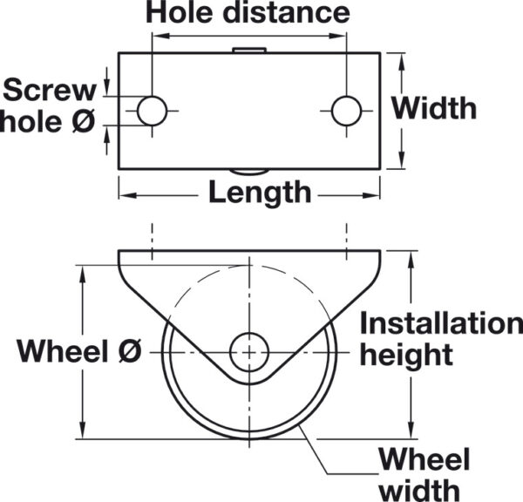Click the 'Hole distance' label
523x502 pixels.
(x=248, y=13)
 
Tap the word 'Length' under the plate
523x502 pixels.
(x=260, y=193)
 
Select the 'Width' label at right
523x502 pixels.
(x=434, y=108)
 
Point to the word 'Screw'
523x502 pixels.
(x=50, y=90)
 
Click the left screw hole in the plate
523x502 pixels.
(x=152, y=111)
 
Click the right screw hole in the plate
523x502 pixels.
(x=347, y=111)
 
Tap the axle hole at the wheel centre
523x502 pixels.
(x=249, y=352)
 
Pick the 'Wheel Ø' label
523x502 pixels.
(x=79, y=350)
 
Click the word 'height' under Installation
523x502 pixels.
(x=406, y=355)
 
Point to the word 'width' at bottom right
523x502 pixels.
(x=420, y=490)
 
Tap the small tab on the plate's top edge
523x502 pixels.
(x=249, y=50)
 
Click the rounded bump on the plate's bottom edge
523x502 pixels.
(x=249, y=172)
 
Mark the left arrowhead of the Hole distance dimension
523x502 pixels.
(x=160, y=36)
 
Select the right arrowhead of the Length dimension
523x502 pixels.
(x=372, y=195)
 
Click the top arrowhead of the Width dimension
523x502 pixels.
(x=402, y=61)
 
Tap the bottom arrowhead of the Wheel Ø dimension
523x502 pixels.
(x=83, y=431)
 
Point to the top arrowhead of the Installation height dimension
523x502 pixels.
(x=411, y=259)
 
